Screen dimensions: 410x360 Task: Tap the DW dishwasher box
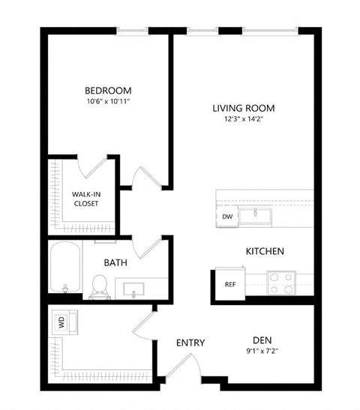click(x=226, y=217)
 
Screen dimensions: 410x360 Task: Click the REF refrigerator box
click(x=230, y=284)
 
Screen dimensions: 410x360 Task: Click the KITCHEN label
click(x=265, y=251)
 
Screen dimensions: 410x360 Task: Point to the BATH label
click(x=115, y=262)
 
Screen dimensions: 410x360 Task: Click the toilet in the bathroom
click(x=98, y=285)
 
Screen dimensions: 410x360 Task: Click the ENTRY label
click(x=190, y=343)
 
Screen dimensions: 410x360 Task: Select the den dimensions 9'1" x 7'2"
click(x=261, y=349)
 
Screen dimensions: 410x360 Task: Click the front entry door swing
click(x=186, y=365)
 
